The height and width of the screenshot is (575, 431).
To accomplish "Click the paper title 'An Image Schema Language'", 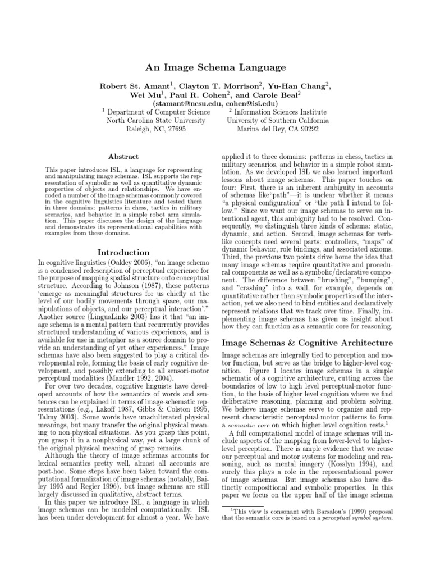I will (216, 67).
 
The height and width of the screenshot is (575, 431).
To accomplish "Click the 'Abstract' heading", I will (123, 157).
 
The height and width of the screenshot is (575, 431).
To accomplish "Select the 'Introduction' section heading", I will (123, 253).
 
